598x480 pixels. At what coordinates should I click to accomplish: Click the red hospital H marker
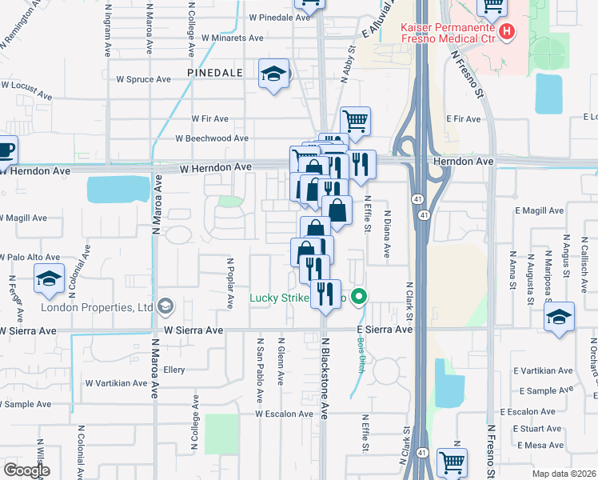tap(506, 32)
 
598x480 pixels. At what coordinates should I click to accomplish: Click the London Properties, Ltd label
tap(102, 307)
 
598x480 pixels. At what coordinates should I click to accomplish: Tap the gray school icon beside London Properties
tap(166, 306)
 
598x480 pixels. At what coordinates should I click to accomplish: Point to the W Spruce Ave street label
tap(144, 79)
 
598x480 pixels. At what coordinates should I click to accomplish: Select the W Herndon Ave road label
tap(215, 166)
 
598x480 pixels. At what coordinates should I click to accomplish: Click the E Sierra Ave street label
tap(385, 329)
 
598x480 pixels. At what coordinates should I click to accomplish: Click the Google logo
tap(26, 470)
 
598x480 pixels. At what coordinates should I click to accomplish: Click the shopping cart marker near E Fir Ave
tap(355, 121)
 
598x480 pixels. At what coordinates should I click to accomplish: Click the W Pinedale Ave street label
tap(279, 17)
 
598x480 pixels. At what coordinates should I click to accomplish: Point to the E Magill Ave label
tap(540, 210)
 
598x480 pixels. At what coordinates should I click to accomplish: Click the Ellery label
tap(174, 370)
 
